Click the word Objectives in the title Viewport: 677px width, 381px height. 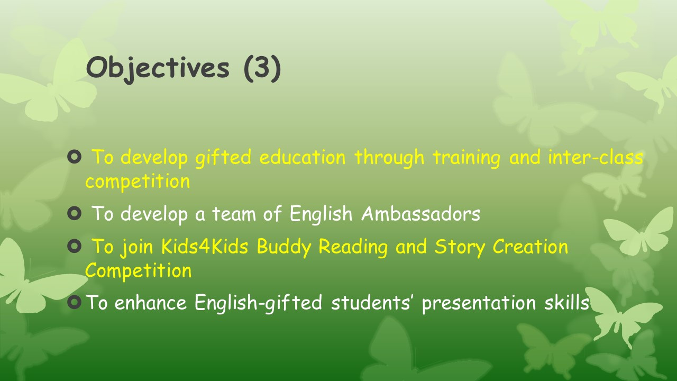(x=158, y=69)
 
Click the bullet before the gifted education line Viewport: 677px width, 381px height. (x=75, y=157)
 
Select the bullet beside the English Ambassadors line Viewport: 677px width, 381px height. (x=75, y=213)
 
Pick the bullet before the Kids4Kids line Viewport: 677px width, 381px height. (x=75, y=246)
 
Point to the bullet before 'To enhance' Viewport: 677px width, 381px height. (x=75, y=302)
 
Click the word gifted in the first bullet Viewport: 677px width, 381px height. (x=223, y=158)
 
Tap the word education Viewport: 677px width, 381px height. (x=302, y=157)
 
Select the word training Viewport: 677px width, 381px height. (x=466, y=158)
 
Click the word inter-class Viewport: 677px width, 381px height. (x=596, y=157)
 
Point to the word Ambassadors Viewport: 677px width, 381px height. (x=420, y=213)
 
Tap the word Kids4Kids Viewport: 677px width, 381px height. (x=205, y=246)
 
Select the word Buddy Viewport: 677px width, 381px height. (x=284, y=247)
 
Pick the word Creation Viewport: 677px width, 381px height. (x=530, y=246)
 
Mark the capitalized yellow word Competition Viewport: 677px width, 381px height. (x=138, y=271)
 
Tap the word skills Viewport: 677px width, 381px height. (x=567, y=302)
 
